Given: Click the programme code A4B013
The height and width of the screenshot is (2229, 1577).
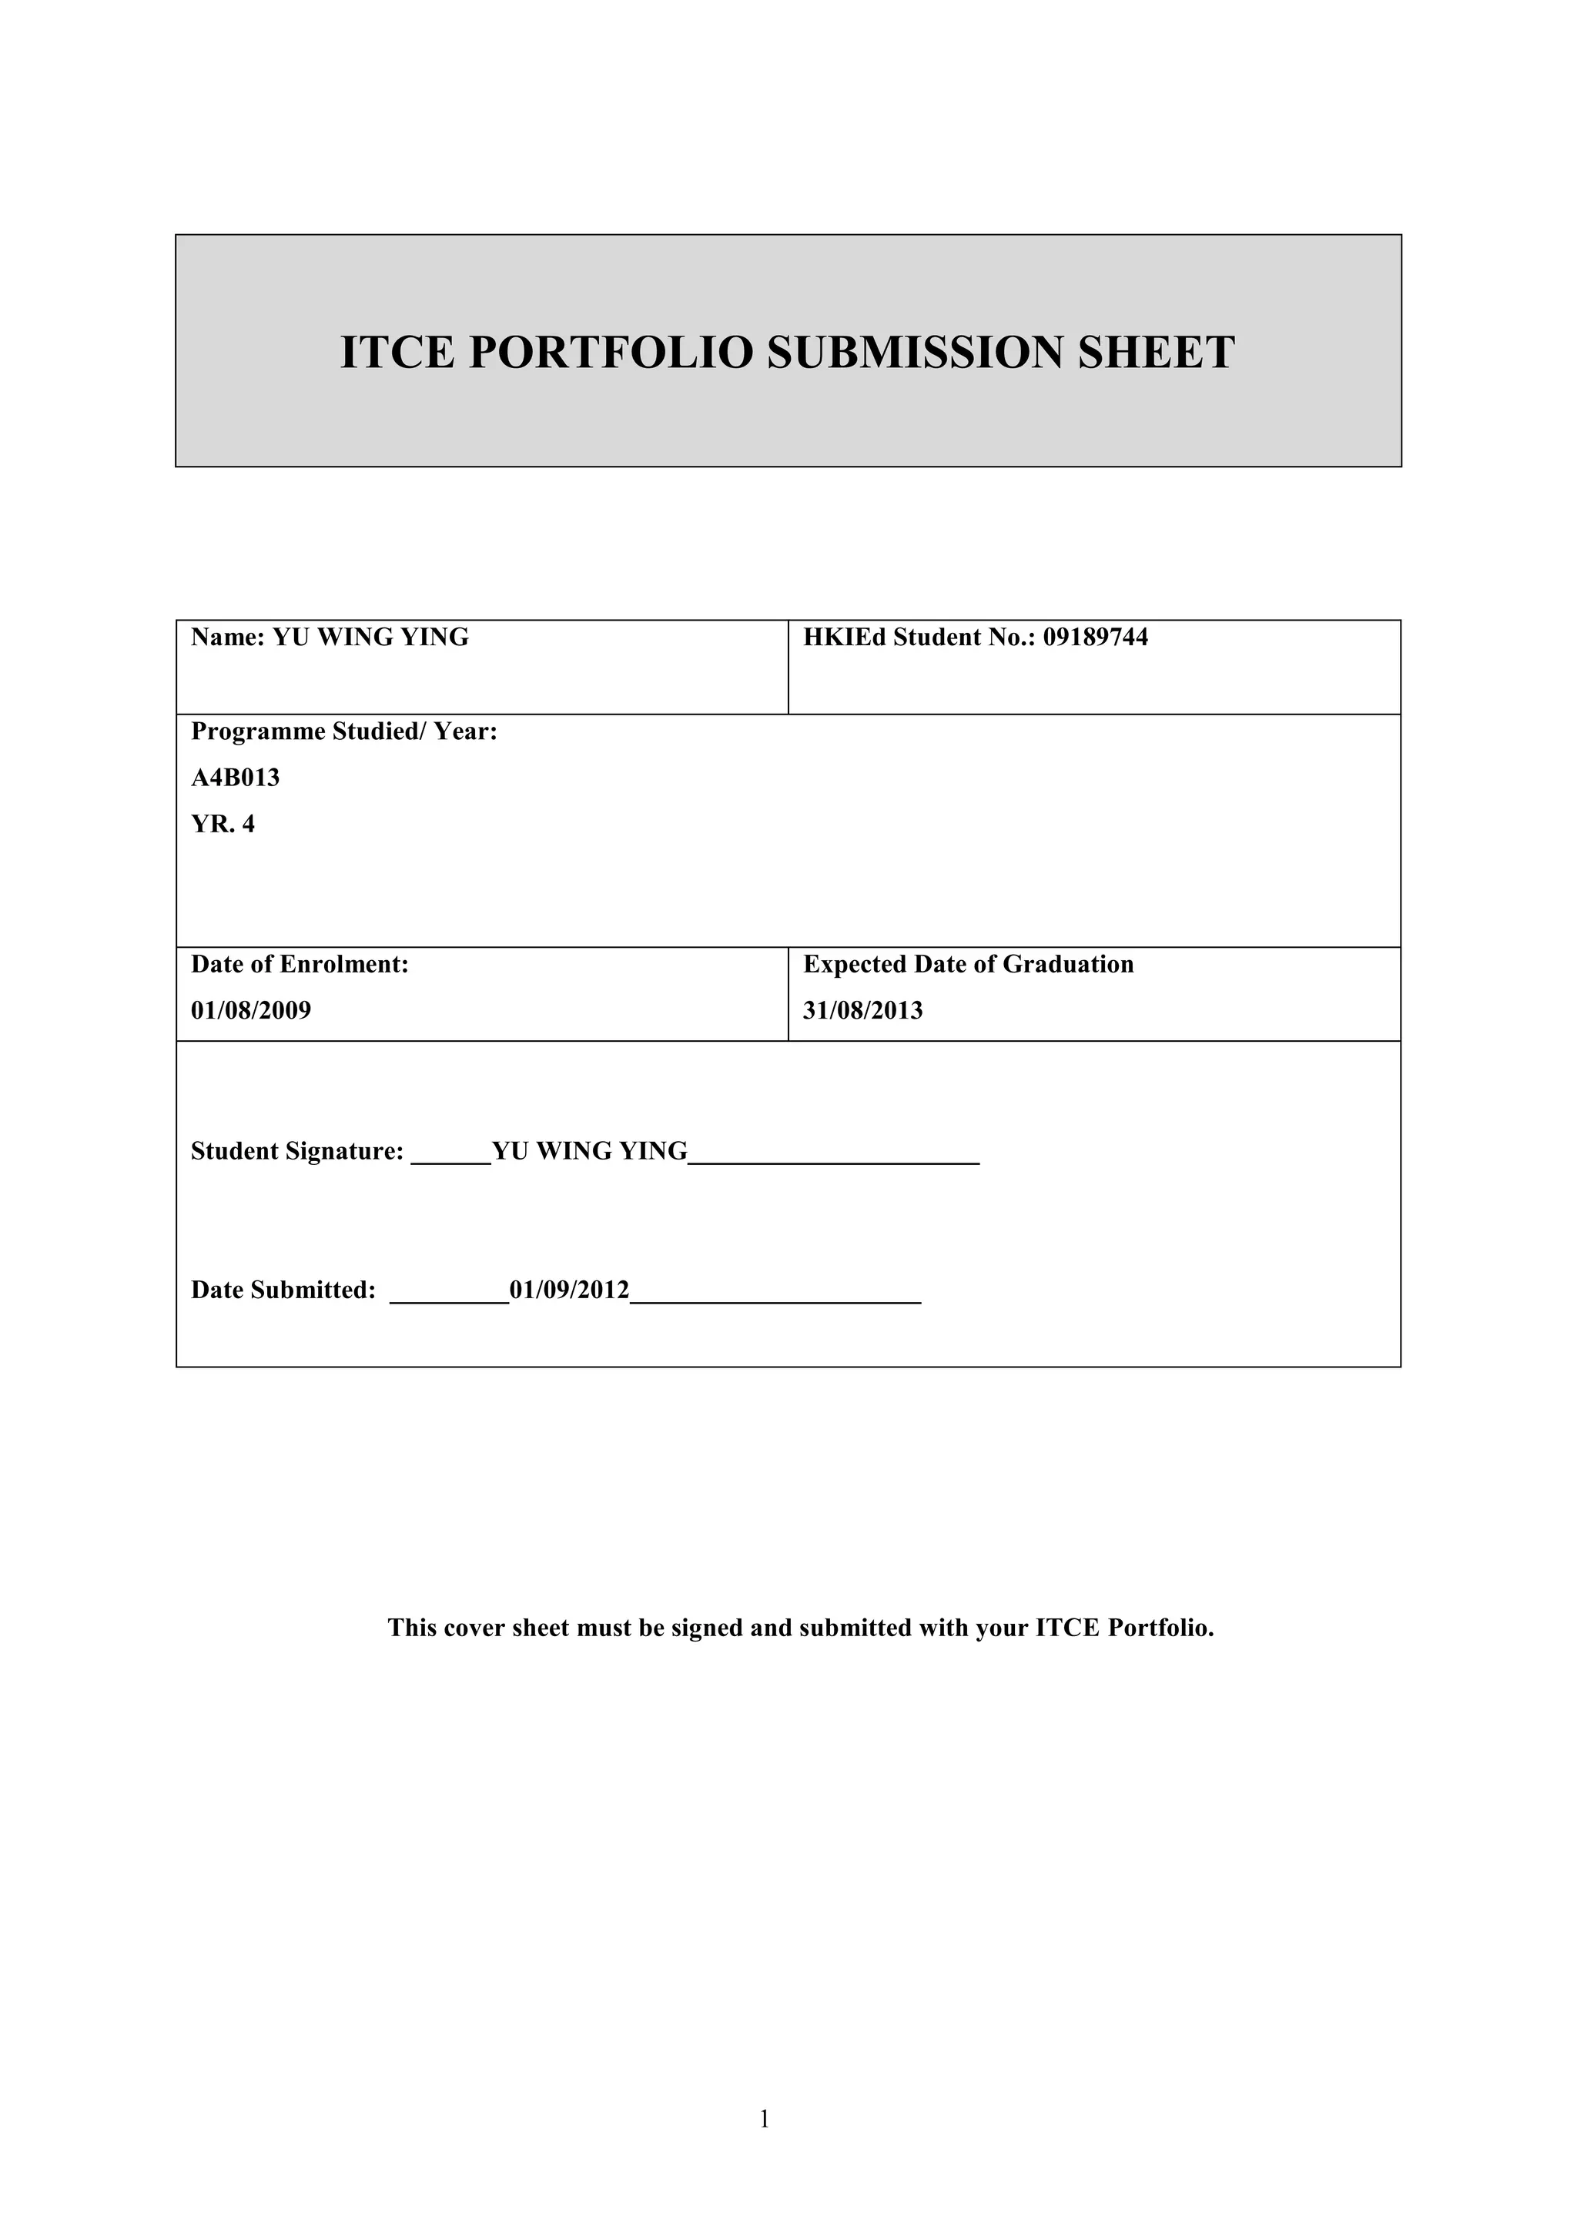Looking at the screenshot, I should [235, 778].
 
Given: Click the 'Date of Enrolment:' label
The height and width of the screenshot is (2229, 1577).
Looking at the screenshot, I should [299, 964].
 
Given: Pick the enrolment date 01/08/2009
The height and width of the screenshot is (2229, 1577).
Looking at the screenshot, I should [250, 1011].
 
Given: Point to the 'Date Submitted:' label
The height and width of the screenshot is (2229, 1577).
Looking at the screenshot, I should [283, 1290].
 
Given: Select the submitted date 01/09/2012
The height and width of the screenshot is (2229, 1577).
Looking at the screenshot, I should [569, 1290].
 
